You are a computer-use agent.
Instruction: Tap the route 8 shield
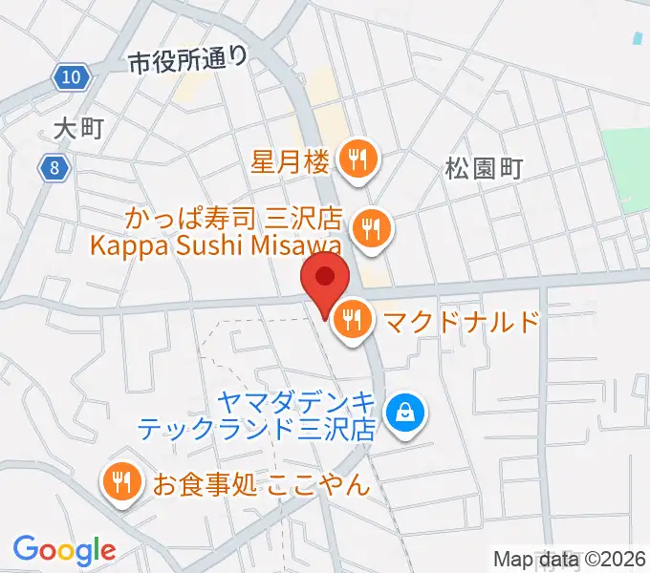[x=55, y=169]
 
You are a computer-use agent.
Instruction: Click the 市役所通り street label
[x=188, y=61]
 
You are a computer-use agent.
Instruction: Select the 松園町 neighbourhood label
[x=484, y=170]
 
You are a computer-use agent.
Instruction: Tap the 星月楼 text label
[x=291, y=160]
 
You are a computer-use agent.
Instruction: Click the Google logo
[x=64, y=551]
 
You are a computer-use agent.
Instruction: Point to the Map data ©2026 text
[x=571, y=560]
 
